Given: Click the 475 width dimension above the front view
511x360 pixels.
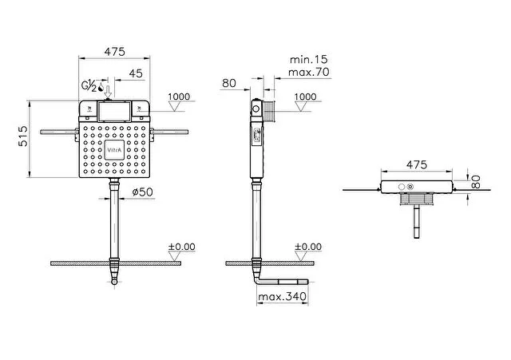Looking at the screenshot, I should click(116, 51).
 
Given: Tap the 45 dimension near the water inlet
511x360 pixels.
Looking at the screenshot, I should click(136, 73).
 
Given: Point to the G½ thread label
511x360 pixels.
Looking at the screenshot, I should click(89, 85).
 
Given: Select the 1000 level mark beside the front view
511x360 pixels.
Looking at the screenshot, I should click(180, 97).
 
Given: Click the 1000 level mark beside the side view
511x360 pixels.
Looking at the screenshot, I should click(306, 97).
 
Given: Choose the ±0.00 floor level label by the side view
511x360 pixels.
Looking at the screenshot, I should click(307, 247).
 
